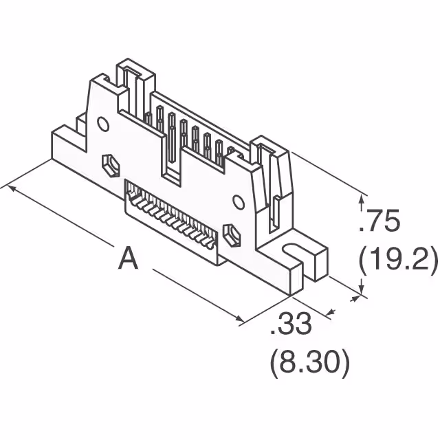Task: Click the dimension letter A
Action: point(128,259)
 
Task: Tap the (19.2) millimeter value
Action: point(398,261)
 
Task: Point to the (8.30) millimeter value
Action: point(309,362)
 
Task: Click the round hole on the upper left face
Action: point(103,124)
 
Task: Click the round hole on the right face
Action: point(238,201)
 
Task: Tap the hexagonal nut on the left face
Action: point(109,165)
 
